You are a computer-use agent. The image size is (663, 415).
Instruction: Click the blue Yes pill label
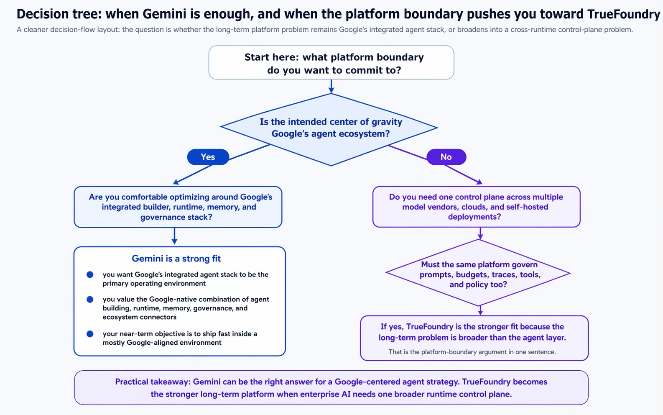(x=208, y=157)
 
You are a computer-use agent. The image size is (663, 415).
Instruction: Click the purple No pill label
(x=446, y=157)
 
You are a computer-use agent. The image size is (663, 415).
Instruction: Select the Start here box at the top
(x=331, y=62)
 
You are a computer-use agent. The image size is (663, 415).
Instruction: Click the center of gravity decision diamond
(x=329, y=129)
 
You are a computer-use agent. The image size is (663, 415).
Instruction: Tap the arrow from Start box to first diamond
(x=331, y=86)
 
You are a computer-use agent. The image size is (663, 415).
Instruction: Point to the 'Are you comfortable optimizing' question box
(x=178, y=207)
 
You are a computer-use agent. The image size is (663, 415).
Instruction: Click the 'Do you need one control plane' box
(x=476, y=207)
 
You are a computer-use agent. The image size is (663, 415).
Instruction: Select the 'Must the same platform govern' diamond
(x=478, y=273)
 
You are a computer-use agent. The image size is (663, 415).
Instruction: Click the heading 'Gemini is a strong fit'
(x=176, y=259)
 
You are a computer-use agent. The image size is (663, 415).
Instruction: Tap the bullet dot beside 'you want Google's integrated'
(x=90, y=274)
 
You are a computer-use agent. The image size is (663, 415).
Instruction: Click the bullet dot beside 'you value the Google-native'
(x=90, y=300)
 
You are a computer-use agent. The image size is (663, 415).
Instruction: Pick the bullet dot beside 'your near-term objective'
(x=90, y=334)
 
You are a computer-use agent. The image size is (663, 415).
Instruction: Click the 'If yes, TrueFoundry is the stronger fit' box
(x=474, y=338)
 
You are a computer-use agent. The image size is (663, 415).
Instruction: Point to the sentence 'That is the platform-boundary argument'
(x=472, y=352)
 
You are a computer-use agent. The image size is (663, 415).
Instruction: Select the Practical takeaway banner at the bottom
(x=331, y=387)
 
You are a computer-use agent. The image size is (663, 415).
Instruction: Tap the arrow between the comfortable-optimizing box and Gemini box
(x=174, y=236)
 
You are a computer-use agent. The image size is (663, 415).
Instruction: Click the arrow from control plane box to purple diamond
(x=480, y=233)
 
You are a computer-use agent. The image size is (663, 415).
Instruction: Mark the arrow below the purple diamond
(x=480, y=310)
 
